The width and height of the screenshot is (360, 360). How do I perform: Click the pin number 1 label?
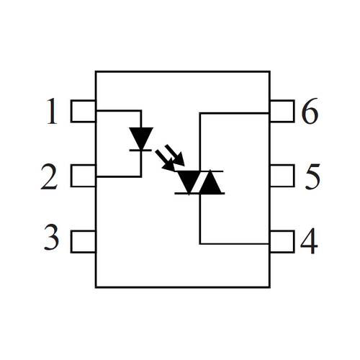[53, 111]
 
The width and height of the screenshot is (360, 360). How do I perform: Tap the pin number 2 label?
[49, 176]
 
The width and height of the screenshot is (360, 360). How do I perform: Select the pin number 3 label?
[51, 237]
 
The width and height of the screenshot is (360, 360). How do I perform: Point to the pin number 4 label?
[309, 240]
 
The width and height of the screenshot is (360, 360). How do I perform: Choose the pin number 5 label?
[312, 176]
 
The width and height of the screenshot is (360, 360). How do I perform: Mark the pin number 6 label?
[310, 111]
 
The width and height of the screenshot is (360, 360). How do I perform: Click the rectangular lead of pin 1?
[83, 111]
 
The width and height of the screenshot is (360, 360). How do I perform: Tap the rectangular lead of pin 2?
[83, 176]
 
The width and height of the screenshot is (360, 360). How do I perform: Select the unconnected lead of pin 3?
[83, 241]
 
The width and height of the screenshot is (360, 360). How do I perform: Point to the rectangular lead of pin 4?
[282, 241]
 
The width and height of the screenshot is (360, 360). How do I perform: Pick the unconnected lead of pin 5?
[282, 176]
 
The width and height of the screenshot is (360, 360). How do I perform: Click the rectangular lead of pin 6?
[282, 111]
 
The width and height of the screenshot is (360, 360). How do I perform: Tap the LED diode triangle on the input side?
[141, 138]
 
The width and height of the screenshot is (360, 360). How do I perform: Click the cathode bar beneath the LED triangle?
[140, 150]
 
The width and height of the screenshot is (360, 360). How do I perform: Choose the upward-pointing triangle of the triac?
[211, 181]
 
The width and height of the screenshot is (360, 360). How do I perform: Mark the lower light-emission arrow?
[166, 161]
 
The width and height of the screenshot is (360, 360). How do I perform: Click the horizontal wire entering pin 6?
[235, 113]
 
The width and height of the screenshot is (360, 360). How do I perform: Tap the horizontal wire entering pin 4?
[235, 244]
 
